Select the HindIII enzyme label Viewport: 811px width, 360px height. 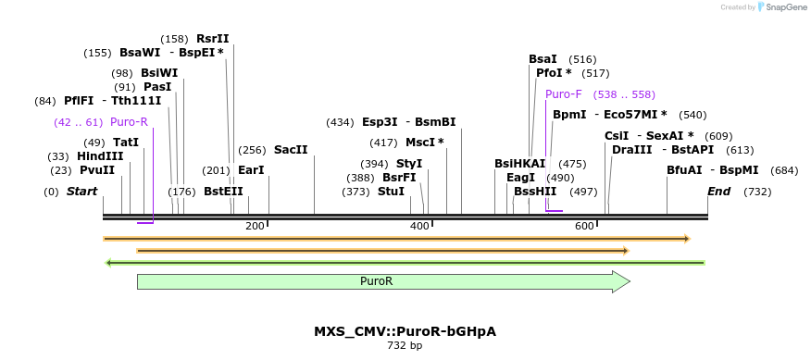(x=100, y=156)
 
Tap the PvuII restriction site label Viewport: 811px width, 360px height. (x=97, y=170)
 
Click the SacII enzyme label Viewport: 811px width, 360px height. (x=291, y=150)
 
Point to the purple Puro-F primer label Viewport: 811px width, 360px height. (x=564, y=94)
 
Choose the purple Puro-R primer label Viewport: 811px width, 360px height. (x=129, y=122)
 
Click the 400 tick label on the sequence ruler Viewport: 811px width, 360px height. (x=419, y=227)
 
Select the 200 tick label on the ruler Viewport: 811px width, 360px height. (x=255, y=227)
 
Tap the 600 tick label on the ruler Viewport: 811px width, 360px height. (x=584, y=227)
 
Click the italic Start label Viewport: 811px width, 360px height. (x=82, y=192)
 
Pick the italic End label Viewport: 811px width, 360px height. (x=719, y=192)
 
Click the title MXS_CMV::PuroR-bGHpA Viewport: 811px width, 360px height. (x=405, y=331)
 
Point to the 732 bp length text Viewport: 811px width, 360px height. (x=405, y=346)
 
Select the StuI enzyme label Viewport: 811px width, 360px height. (x=391, y=192)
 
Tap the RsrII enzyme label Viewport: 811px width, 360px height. (x=212, y=39)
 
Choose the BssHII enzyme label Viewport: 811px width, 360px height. (x=535, y=192)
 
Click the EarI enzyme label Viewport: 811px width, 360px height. (x=251, y=170)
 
